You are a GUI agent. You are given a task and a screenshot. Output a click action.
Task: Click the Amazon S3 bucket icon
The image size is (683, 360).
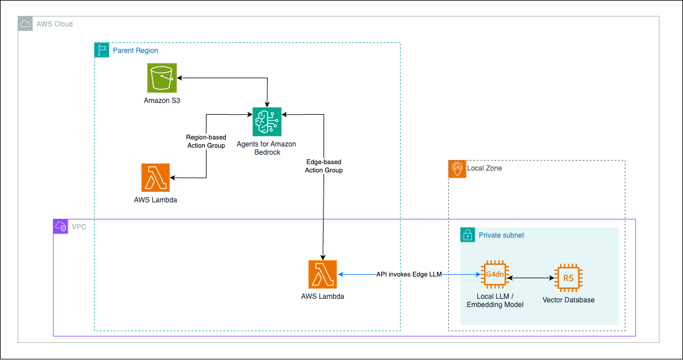point(162,78)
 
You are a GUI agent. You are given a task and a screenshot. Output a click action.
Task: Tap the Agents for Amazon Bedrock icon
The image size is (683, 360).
point(266,122)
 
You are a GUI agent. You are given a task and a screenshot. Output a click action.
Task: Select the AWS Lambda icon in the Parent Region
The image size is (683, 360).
point(155,178)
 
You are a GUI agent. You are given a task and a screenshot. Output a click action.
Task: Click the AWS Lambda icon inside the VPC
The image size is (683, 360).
point(322,274)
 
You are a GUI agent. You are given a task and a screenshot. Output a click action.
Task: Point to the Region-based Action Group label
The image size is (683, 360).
point(206,141)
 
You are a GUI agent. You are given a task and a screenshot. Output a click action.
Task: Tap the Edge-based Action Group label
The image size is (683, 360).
point(324,166)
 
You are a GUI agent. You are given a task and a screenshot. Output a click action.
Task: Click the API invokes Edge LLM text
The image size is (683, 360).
point(409,274)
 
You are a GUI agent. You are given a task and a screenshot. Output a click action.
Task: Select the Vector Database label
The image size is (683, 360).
point(568,300)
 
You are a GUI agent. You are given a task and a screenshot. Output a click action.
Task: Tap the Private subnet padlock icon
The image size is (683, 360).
point(467,235)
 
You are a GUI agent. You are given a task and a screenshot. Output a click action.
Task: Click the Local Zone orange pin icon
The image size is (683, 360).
point(456,168)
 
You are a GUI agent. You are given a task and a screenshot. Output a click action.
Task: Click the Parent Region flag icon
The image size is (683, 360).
point(102,50)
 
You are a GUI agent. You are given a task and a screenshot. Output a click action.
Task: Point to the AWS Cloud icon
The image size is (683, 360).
point(25,24)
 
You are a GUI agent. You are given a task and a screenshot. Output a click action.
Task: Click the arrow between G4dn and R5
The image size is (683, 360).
point(531,277)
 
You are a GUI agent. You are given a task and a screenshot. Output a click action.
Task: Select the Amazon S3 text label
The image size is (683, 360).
point(162,101)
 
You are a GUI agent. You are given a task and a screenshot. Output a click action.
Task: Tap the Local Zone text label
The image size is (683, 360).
point(484,168)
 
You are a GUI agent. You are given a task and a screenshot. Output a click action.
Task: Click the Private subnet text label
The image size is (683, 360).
point(501,235)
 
